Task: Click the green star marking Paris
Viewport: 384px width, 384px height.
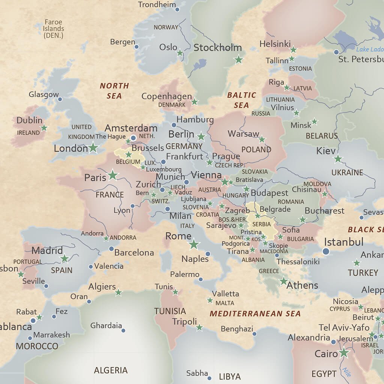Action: [x=112, y=175]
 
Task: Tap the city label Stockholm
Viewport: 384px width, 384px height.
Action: [x=217, y=48]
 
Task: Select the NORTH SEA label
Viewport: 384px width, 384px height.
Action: [x=114, y=91]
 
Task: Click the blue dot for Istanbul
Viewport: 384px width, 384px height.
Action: [x=326, y=251]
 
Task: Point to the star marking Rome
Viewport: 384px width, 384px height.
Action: [x=193, y=244]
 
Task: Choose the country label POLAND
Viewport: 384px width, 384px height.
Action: [x=256, y=150]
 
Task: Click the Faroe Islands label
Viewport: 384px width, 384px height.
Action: [x=53, y=29]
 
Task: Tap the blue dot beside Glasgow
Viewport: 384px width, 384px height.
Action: [x=60, y=99]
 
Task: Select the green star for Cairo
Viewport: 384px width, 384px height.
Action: [x=343, y=352]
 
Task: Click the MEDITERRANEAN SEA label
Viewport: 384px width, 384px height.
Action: [x=255, y=313]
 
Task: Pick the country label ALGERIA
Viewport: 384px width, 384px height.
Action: [x=111, y=370]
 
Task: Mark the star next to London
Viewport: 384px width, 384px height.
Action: [x=93, y=148]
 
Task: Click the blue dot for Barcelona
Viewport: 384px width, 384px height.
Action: [x=111, y=249]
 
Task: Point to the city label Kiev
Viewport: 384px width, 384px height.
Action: [x=326, y=151]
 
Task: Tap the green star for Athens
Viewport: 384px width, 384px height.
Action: [x=283, y=281]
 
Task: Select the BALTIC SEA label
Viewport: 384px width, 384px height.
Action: [x=241, y=100]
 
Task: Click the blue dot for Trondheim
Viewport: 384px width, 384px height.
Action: [x=177, y=9]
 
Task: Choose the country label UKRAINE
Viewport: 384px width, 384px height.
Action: [x=347, y=172]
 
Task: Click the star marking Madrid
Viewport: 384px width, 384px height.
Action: [x=65, y=258]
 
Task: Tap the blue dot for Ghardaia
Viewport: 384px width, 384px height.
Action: [x=123, y=330]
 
